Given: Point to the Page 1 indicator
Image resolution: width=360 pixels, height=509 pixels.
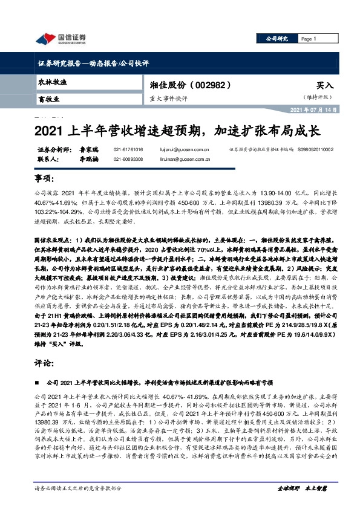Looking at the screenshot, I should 309,38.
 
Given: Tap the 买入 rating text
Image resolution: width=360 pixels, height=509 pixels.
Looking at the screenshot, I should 324,85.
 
